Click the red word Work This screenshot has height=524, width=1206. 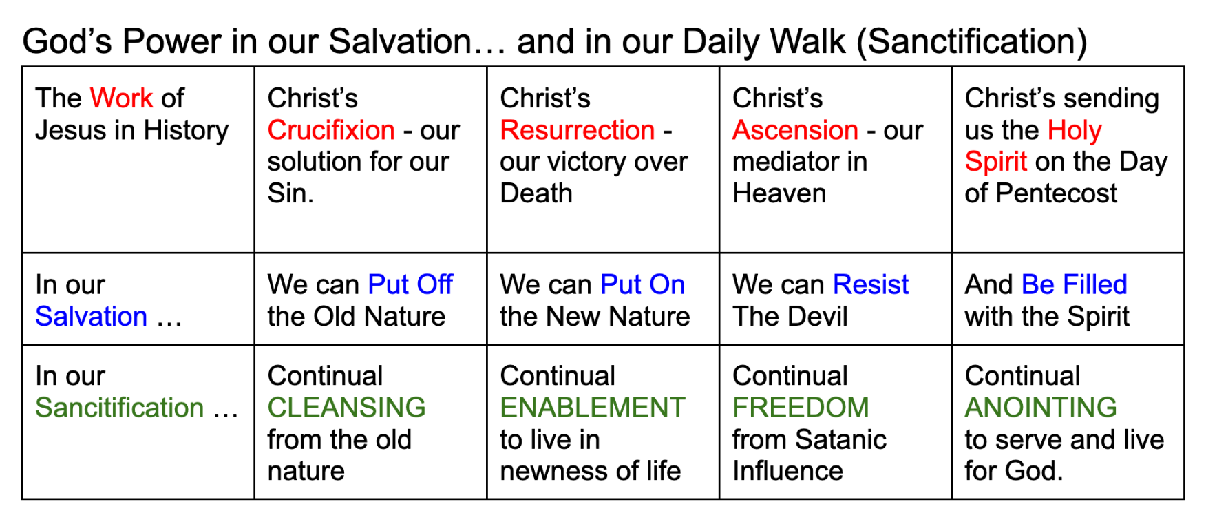121,98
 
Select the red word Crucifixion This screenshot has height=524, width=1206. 331,130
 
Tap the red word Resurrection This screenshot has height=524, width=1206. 578,130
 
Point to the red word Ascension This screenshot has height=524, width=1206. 795,130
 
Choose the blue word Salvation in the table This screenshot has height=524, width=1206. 92,317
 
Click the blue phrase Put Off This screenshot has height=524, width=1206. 410,284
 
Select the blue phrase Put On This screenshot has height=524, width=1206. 643,284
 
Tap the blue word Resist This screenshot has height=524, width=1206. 871,284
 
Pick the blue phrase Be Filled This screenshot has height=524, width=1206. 1075,284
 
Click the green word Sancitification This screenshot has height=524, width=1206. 120,408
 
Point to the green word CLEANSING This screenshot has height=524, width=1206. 347,408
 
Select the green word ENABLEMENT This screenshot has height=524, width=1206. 593,408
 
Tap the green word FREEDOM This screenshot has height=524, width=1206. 801,408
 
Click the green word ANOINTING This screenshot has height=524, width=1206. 1041,408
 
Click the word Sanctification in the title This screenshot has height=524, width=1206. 972,42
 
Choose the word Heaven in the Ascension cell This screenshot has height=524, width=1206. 779,193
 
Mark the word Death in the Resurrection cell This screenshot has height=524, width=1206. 536,193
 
